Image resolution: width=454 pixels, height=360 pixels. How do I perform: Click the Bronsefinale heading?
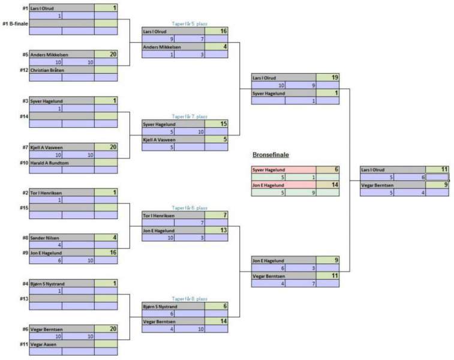tap(270, 155)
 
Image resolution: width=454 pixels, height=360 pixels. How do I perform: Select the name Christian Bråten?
tap(47, 70)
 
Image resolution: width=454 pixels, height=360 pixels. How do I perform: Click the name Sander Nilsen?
tap(45, 238)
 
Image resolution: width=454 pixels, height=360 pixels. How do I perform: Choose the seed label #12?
tap(23, 70)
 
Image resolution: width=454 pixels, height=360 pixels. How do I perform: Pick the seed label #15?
tap(23, 208)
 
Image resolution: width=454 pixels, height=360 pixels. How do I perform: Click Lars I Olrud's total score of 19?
tap(335, 77)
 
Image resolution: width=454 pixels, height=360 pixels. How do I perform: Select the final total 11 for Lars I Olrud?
tap(444, 170)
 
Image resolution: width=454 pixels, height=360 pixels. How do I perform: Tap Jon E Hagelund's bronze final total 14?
tap(335, 185)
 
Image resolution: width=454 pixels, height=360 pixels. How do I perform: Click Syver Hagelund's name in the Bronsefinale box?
tap(269, 170)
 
